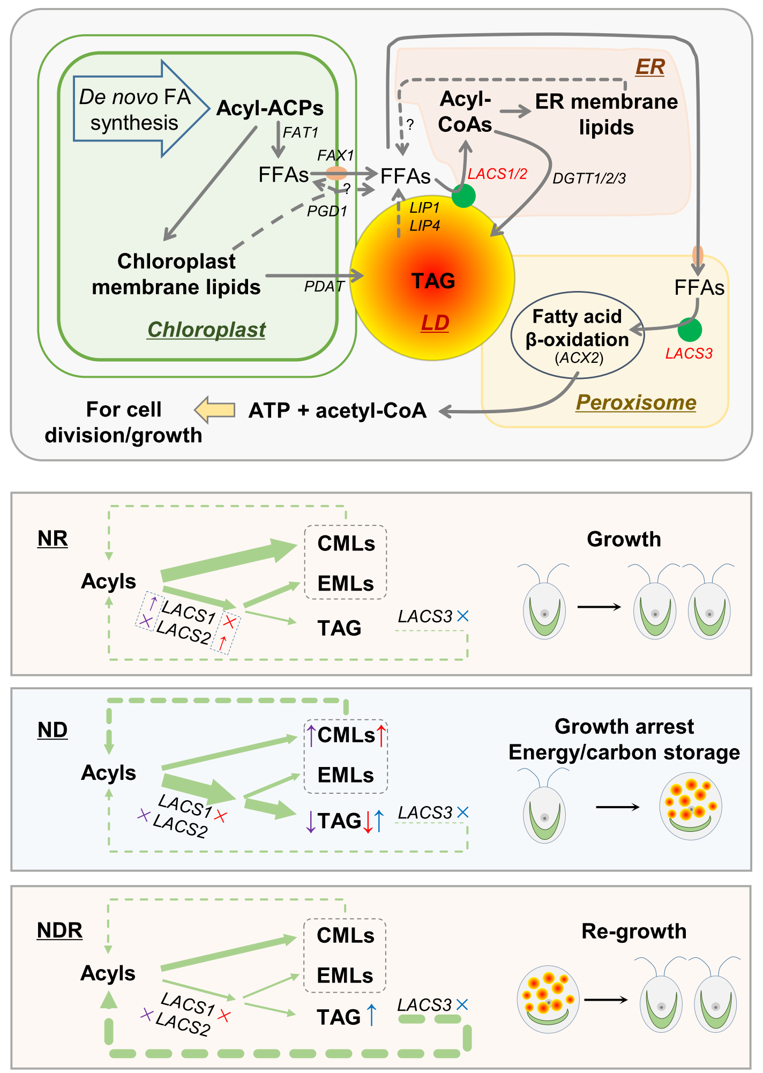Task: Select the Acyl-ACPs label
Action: pos(270,108)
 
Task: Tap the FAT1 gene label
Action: pos(301,132)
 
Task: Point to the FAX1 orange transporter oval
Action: pos(336,173)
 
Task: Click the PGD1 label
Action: pos(327,211)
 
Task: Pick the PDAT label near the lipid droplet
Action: pos(324,287)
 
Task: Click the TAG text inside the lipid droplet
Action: pos(433,280)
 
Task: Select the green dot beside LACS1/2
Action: pos(463,196)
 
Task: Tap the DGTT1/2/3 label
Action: pos(589,178)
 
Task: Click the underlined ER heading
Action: pos(649,67)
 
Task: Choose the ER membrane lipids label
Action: pos(607,114)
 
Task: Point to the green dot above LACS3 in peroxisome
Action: pos(689,330)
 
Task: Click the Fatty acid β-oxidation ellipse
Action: pos(577,335)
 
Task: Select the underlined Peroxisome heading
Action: pos(636,403)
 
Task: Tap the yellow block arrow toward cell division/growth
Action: pos(214,410)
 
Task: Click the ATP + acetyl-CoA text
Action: pos(338,411)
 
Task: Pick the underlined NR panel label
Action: pos(53,538)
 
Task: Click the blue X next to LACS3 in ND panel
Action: pos(462,813)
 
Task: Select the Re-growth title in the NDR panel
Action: pos(634,931)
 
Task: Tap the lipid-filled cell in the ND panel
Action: pos(690,806)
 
